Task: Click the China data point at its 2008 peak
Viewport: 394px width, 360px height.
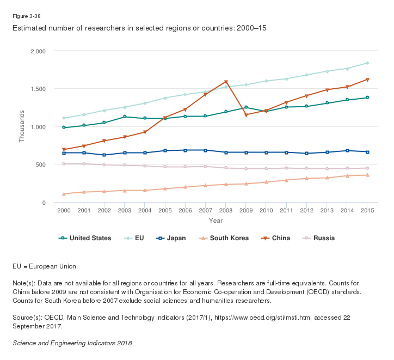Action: (226, 82)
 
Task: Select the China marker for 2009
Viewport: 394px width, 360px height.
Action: (246, 115)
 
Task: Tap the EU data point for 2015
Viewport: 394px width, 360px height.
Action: (367, 63)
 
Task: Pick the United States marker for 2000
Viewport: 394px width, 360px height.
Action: (64, 127)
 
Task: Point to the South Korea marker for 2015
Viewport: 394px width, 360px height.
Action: (367, 175)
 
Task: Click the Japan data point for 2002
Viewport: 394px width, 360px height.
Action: (104, 155)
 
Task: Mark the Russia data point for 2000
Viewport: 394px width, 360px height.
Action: (64, 163)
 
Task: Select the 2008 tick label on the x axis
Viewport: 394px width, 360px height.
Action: (226, 210)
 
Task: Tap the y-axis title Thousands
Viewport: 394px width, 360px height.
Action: (22, 126)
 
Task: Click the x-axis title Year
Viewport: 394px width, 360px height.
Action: (216, 221)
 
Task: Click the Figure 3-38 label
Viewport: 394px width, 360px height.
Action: (26, 16)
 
